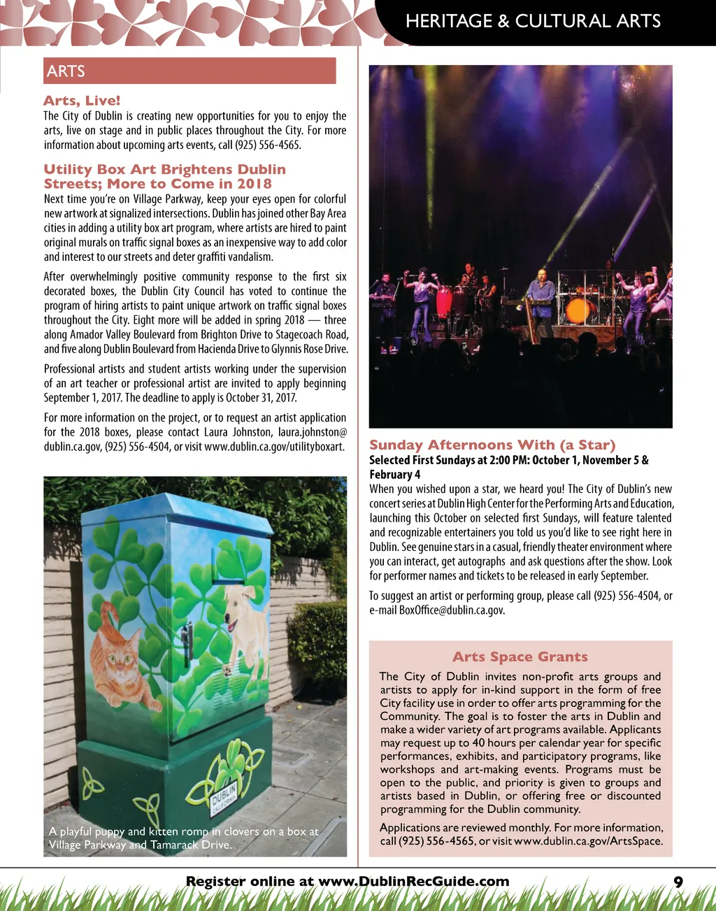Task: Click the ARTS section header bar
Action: [189, 71]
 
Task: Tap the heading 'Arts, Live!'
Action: [82, 101]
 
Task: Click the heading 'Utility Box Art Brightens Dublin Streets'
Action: [164, 176]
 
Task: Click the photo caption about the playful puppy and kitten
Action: [183, 838]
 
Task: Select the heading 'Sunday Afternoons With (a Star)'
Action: [492, 445]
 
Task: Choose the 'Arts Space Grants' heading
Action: [520, 657]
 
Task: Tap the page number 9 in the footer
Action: [678, 882]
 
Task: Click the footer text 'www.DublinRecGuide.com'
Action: [414, 882]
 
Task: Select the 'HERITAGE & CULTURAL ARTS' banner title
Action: [533, 21]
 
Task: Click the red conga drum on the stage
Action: [444, 301]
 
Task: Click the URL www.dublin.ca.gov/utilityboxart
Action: [274, 447]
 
